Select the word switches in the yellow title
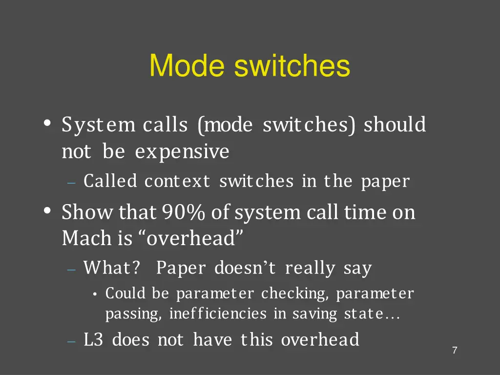click(292, 65)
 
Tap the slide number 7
click(455, 350)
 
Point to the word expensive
click(182, 152)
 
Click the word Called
click(110, 181)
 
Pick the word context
click(177, 181)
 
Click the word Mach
click(86, 238)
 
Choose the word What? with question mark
click(112, 268)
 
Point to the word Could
click(125, 293)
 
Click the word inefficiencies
click(218, 314)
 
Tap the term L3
click(93, 339)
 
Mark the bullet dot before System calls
click(47, 124)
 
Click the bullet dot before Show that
click(47, 212)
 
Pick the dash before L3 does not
click(71, 341)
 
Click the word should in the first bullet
click(395, 125)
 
